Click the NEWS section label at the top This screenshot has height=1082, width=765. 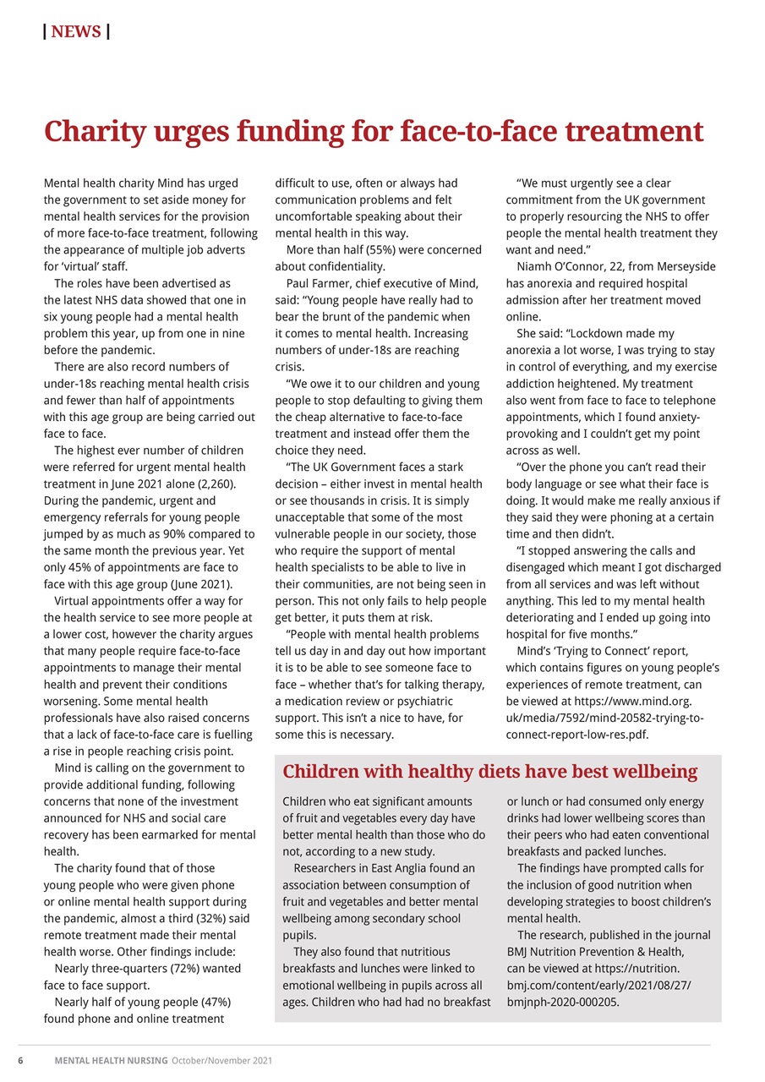coord(76,32)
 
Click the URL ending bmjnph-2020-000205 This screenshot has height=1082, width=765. coord(563,1003)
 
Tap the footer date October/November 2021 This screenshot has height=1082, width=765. coord(221,1060)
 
